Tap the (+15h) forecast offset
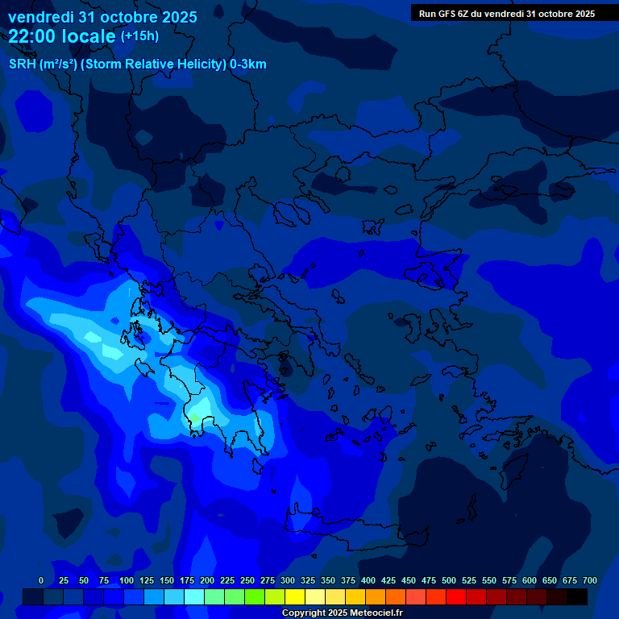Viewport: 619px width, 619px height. [139, 35]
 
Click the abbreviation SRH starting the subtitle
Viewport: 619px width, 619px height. [22, 64]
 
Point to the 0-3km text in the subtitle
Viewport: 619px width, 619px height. [248, 64]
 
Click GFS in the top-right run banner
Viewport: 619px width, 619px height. [447, 14]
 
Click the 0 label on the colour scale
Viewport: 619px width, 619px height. [41, 580]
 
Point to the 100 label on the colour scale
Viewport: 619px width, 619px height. [127, 580]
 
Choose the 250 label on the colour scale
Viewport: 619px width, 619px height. [247, 580]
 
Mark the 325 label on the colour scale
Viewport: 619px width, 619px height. [308, 580]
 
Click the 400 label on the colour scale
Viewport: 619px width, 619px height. [368, 580]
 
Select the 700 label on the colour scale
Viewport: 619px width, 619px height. [590, 580]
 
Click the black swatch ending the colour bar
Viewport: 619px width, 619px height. [577, 596]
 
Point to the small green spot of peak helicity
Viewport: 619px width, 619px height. [194, 418]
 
